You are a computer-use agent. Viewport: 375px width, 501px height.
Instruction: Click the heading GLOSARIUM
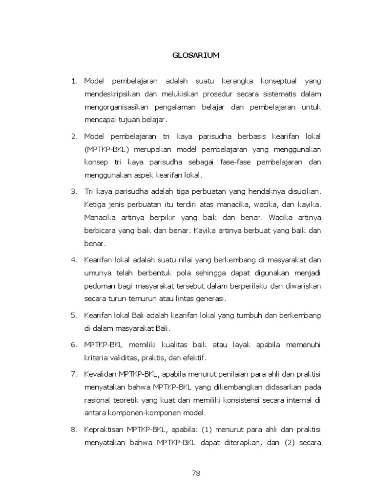(x=196, y=55)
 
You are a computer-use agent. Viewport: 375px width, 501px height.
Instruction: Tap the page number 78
(x=196, y=473)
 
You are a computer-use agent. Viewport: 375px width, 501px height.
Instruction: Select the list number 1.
(x=74, y=81)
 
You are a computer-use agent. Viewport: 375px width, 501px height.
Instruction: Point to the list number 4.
(x=74, y=259)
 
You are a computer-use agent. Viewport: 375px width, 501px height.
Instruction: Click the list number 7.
(x=74, y=374)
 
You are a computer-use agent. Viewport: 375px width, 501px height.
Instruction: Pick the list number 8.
(x=74, y=430)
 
